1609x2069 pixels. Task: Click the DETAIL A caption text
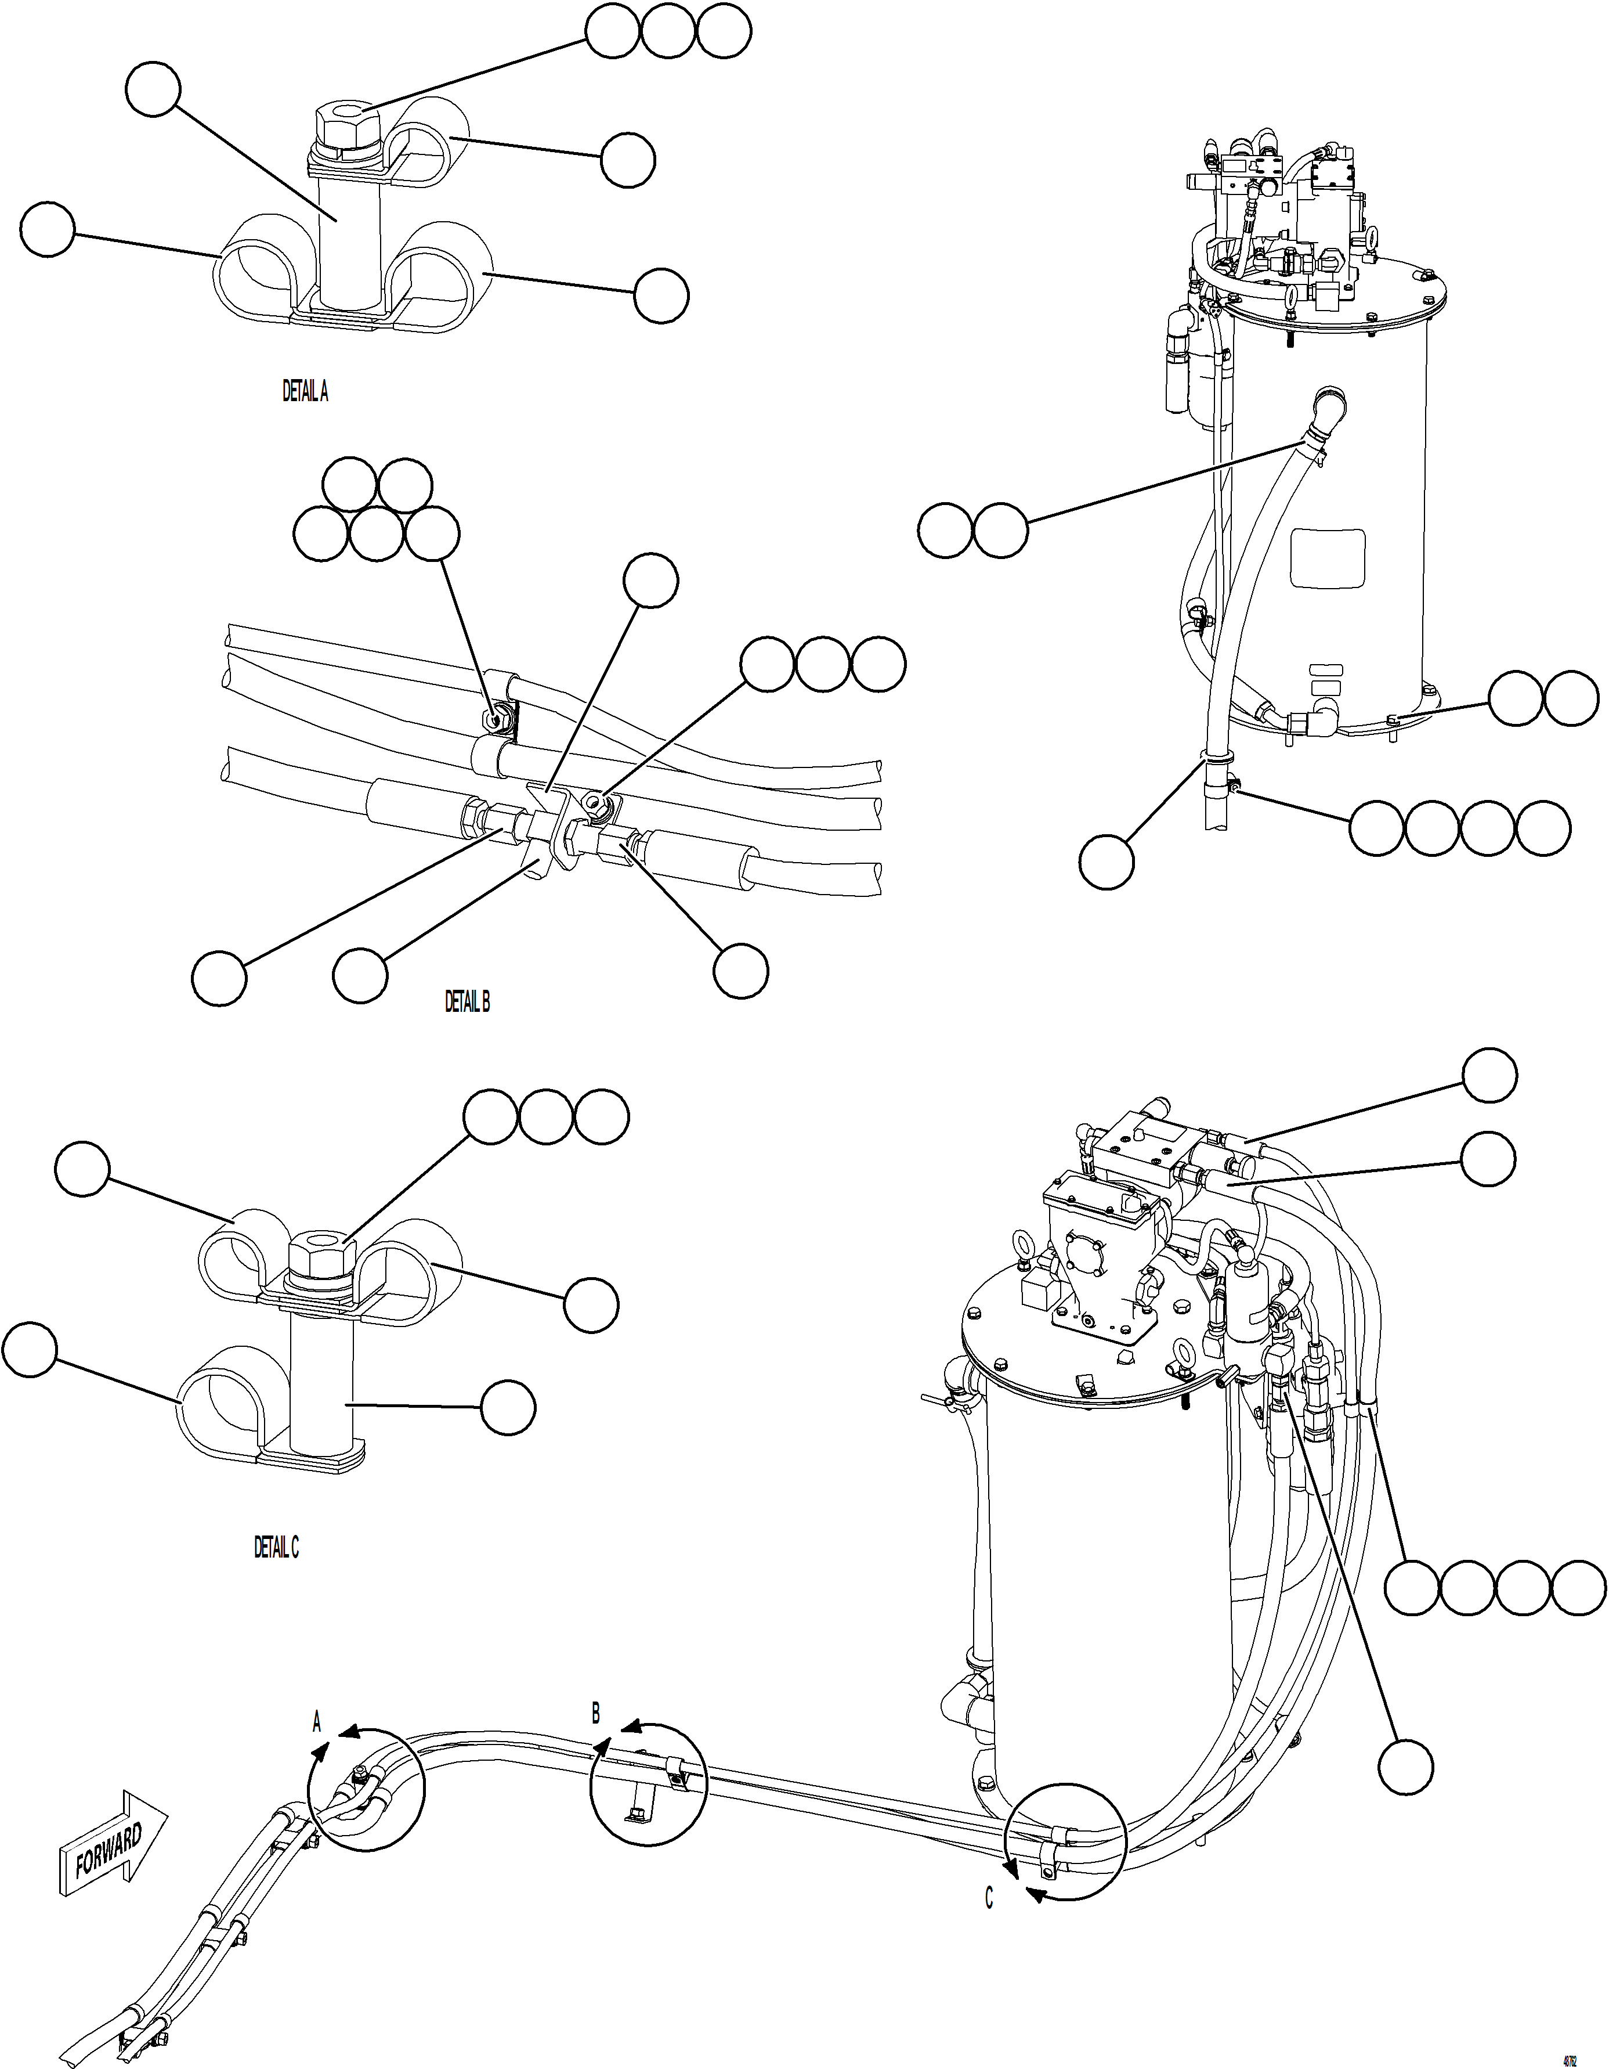[x=305, y=391]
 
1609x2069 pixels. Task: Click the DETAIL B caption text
[x=467, y=1001]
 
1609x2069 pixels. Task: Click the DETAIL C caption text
[x=276, y=1547]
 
